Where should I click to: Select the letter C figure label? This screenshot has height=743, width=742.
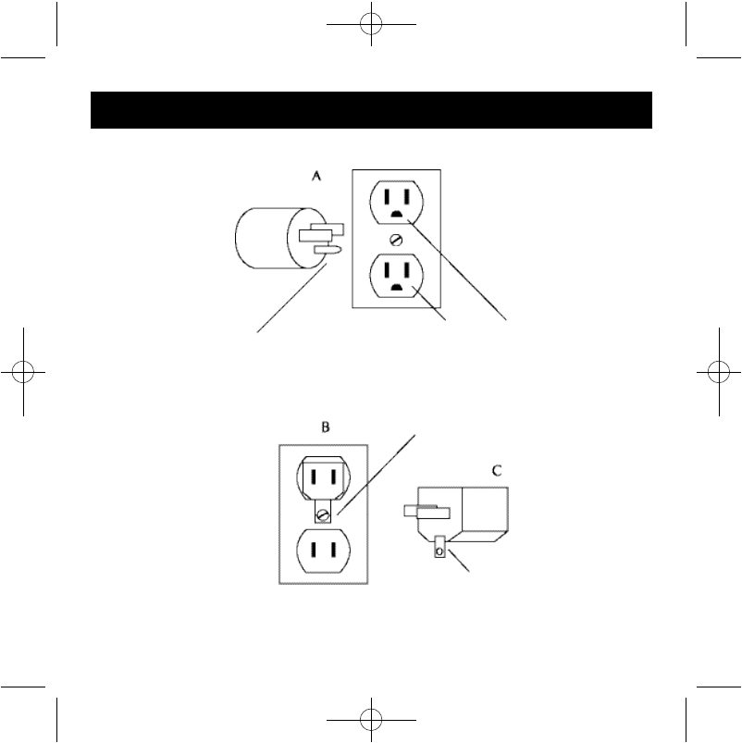pyautogui.click(x=497, y=470)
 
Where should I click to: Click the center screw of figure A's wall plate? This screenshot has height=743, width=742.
pyautogui.click(x=396, y=239)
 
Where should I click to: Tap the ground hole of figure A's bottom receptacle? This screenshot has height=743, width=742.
pyautogui.click(x=396, y=288)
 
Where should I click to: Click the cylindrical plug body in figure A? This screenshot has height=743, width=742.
pyautogui.click(x=264, y=238)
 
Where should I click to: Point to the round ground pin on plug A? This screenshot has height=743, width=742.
pyautogui.click(x=329, y=248)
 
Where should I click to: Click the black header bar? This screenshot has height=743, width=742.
pyautogui.click(x=371, y=109)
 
